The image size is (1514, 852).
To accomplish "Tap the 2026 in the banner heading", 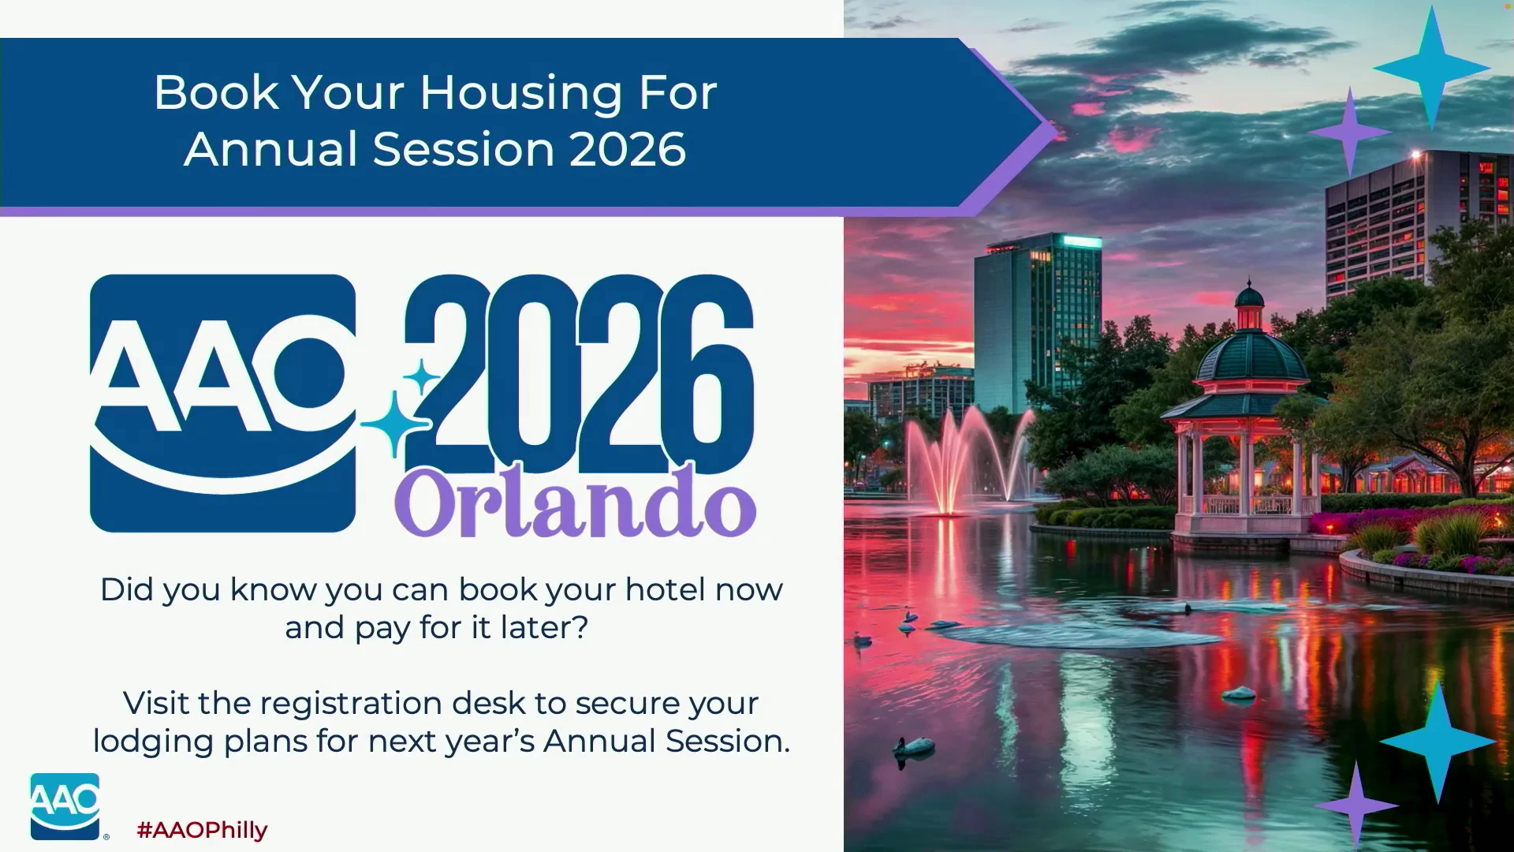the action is pos(628,149).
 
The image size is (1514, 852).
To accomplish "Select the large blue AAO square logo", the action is pos(223,403).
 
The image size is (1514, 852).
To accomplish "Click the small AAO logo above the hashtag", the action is pos(65,806).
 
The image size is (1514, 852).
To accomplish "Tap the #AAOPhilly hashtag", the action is pos(202,830).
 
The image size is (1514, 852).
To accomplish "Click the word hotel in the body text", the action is pos(662,589).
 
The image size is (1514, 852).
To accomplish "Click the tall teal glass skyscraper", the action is pos(1037,323).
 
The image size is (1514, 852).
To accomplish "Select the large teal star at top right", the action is pos(1431,69).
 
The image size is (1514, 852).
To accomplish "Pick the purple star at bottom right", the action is pos(1356,805).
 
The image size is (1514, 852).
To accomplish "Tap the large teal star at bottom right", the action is pos(1438,742).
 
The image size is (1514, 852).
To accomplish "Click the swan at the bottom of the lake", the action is pos(915,747).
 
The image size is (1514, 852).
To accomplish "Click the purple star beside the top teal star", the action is pos(1350,132).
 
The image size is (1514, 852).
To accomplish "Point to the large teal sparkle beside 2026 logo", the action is pos(396,424).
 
